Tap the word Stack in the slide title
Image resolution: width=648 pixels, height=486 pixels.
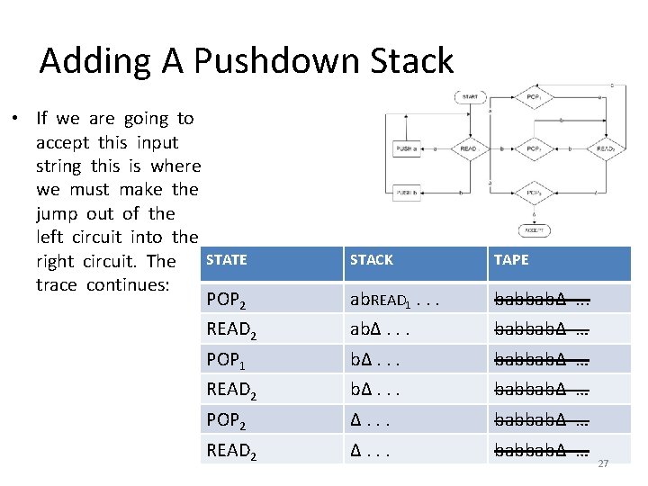pyautogui.click(x=408, y=61)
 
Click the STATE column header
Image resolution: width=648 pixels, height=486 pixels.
pyautogui.click(x=227, y=260)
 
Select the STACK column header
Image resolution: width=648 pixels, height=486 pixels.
pyautogui.click(x=371, y=260)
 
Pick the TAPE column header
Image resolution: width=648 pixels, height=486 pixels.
pyautogui.click(x=511, y=260)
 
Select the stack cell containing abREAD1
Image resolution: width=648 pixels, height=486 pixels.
pyautogui.click(x=393, y=300)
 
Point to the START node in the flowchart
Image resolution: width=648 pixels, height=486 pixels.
pyautogui.click(x=471, y=96)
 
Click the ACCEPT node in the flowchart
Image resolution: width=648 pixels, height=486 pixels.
pyautogui.click(x=535, y=230)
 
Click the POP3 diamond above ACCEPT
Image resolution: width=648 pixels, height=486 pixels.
pyautogui.click(x=535, y=193)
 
